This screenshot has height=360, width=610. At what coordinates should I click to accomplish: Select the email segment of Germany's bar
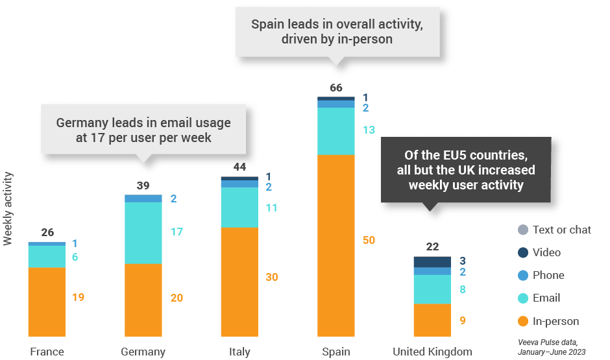click(143, 233)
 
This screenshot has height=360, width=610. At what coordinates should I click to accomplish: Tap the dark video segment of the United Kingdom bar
click(432, 261)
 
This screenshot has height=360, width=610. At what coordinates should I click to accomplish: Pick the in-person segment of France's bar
click(47, 302)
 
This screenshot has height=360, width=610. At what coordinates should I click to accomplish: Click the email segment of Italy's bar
click(239, 208)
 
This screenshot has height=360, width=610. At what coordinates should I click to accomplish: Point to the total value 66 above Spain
click(335, 88)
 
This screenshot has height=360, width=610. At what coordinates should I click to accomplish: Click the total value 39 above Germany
click(143, 186)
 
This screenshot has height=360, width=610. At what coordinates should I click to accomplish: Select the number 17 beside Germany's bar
click(177, 231)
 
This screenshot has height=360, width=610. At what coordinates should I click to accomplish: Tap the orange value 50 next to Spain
click(369, 240)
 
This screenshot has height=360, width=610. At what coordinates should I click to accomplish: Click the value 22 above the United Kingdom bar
click(432, 246)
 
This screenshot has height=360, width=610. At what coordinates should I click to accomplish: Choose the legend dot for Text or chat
click(523, 230)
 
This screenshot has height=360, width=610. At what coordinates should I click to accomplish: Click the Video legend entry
click(546, 252)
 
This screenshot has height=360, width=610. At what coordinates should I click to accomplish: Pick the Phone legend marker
click(523, 275)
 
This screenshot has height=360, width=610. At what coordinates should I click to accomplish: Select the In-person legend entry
click(555, 321)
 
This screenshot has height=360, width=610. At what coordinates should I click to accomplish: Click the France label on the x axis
click(47, 352)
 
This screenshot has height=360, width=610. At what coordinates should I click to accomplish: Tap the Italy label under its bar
click(239, 352)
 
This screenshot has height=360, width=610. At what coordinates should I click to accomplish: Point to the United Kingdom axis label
click(432, 352)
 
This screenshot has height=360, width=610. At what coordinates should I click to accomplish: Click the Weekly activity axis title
click(8, 208)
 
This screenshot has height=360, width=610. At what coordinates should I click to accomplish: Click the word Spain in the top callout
click(267, 25)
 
